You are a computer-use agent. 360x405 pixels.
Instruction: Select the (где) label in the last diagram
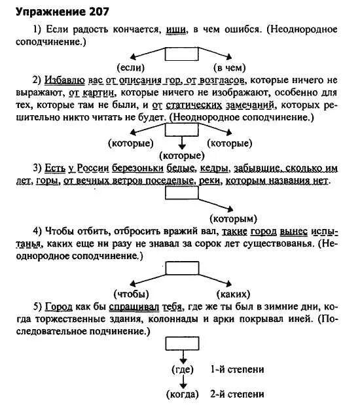[x=181, y=369]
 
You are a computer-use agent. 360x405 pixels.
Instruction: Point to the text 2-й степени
[x=238, y=394]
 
